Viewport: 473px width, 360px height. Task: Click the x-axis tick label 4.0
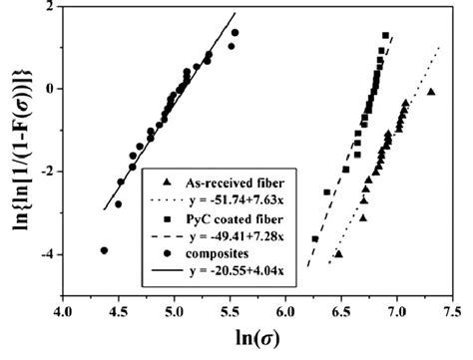click(x=62, y=312)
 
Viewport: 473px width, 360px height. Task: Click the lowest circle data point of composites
click(x=105, y=250)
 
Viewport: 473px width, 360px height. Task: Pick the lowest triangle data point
click(x=339, y=254)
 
